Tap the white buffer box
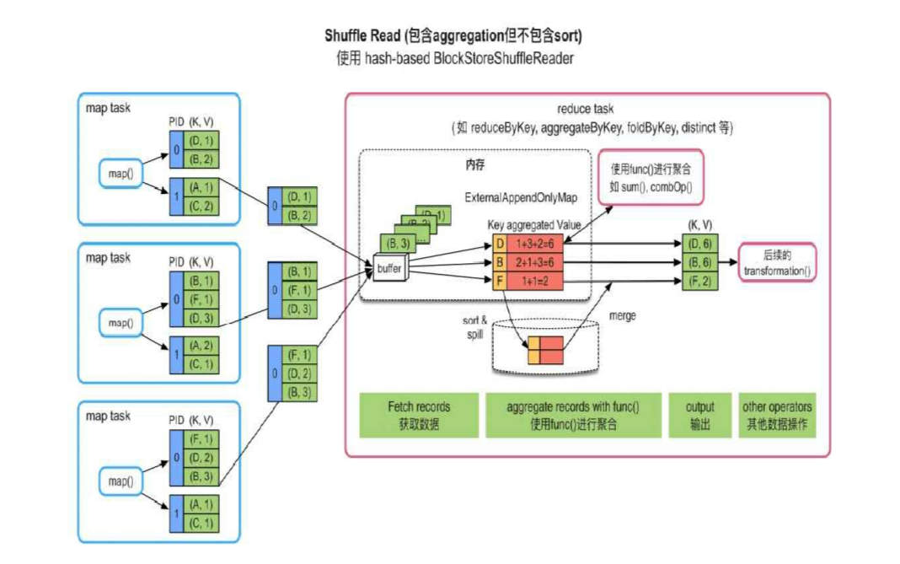click(389, 269)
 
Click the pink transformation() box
click(777, 262)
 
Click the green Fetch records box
click(419, 415)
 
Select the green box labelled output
click(699, 415)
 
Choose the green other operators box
click(777, 415)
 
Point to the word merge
click(622, 315)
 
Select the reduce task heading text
click(586, 110)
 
